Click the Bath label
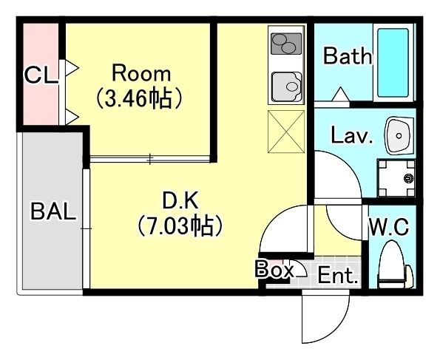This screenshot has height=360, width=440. point(348,57)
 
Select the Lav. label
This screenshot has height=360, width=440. point(352,136)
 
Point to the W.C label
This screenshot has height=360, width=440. point(389,228)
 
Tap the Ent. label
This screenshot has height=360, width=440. point(338,276)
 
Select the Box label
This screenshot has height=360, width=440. point(274,270)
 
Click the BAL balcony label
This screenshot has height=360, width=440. point(53,211)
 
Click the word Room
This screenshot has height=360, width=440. point(141,74)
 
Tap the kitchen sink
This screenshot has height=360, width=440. point(287,87)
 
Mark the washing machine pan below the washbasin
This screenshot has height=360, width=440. point(397,177)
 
